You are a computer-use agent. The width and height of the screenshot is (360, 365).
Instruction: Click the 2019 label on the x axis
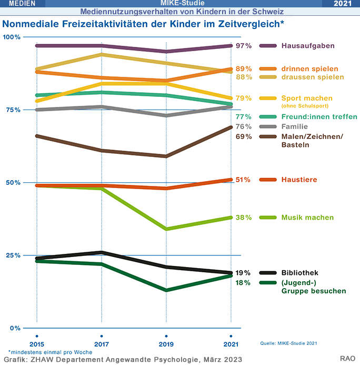pos(166,344)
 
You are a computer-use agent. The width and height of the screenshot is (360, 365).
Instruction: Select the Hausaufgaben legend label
pos(308,46)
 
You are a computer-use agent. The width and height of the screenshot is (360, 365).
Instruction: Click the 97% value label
pos(243,46)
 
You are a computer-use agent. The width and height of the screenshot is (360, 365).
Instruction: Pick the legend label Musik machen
pos(307,218)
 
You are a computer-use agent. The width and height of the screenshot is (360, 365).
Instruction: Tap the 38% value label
pos(243,218)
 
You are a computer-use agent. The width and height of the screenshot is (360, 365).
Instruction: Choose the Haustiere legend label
pos(299,180)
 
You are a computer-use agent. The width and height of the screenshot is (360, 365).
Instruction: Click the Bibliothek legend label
pos(300,273)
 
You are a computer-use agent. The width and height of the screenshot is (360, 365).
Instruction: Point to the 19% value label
pos(243,273)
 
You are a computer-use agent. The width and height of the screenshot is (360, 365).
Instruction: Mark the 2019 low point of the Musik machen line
pos(166,229)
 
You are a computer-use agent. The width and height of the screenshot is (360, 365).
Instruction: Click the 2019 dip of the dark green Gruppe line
pos(166,290)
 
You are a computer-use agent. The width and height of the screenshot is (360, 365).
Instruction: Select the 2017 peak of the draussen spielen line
pos(102,54)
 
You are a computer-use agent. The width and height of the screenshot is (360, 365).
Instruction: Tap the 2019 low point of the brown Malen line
pos(166,156)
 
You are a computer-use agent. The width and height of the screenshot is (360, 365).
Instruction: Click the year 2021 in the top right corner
pos(343,4)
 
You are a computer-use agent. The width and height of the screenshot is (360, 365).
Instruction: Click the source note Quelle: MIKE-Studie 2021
pos(289,343)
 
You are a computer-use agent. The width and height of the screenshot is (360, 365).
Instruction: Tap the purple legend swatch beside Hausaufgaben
pos(268,46)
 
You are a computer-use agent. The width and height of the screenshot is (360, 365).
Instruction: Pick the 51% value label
pos(243,180)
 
